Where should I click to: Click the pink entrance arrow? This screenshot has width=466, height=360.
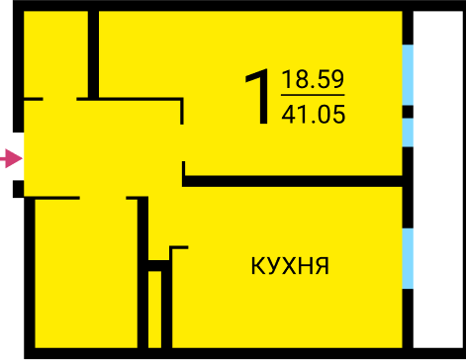(12, 158)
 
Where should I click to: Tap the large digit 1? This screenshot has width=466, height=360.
(258, 96)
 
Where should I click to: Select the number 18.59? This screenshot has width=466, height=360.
(313, 79)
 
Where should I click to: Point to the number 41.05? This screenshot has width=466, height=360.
(314, 114)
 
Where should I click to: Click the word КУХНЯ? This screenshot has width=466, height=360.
(290, 266)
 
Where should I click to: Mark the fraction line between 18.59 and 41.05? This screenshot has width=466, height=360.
(313, 95)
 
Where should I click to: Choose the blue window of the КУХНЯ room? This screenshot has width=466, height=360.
(408, 258)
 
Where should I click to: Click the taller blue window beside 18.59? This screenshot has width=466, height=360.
(408, 75)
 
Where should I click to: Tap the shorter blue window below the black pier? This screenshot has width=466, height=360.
(408, 133)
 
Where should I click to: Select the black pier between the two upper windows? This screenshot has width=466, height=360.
(408, 112)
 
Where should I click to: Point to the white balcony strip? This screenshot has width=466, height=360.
(438, 179)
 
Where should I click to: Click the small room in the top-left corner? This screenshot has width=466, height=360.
(55, 54)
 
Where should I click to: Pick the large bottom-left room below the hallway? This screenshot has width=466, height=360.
(86, 274)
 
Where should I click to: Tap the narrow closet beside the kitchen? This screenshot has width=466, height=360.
(154, 310)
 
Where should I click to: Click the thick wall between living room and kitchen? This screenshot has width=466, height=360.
(292, 181)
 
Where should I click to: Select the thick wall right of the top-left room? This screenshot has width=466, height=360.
(93, 54)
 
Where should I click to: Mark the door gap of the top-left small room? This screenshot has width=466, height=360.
(59, 99)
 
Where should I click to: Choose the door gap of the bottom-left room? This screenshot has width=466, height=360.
(103, 198)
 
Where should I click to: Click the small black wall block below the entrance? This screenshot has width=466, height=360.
(18, 189)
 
